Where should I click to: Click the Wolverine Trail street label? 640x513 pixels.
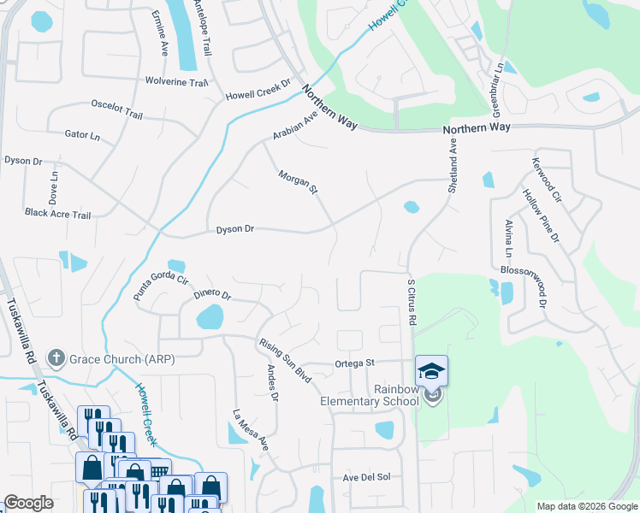point(176,83)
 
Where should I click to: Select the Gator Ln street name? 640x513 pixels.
point(82,135)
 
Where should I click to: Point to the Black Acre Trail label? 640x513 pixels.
point(57,214)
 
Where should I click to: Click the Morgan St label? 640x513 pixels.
point(298,181)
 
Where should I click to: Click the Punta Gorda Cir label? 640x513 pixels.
point(160,287)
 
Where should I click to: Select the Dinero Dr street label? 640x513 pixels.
point(212,294)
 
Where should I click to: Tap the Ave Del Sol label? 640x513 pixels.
point(366,477)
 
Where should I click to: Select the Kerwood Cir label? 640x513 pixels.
point(546,180)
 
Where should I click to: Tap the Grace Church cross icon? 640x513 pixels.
point(56,357)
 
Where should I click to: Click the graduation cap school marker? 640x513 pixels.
point(432,370)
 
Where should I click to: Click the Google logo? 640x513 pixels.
point(28,503)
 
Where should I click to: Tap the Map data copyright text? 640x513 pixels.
point(587,506)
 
